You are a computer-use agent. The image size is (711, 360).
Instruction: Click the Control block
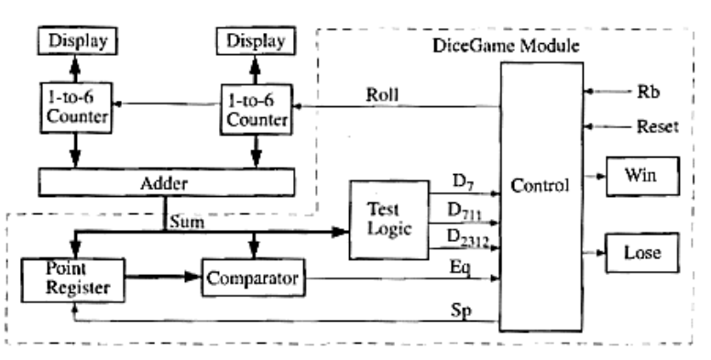pos(541,186)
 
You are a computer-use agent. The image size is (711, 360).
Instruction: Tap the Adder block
pos(166,182)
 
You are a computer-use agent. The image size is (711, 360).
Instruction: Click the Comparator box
pos(252,277)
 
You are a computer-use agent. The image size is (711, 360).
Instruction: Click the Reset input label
pos(656,127)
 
